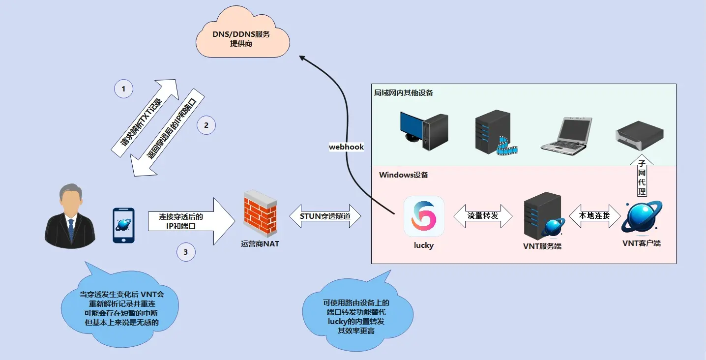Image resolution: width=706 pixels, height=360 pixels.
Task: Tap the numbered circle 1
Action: pos(123,89)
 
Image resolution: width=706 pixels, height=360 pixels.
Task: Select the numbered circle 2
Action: pos(206,125)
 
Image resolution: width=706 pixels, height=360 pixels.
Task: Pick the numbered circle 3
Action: pos(185,252)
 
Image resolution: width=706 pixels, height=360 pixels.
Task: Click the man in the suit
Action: pos(70,216)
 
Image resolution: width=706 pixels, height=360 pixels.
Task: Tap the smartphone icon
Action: pos(123,225)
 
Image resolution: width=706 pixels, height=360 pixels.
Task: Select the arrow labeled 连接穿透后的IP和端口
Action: pos(189,221)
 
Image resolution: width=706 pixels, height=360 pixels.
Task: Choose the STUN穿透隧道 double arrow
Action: pos(325,216)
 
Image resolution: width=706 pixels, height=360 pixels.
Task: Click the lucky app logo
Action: pos(424,216)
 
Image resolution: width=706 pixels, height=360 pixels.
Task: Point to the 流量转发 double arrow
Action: pos(482,216)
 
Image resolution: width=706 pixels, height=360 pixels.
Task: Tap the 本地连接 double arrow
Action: pos(594,216)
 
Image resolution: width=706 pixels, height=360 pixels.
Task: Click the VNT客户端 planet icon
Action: pos(641,217)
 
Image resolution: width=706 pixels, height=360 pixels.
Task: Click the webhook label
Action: pos(346,147)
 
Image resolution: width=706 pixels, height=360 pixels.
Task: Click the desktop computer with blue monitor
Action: pos(423,128)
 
